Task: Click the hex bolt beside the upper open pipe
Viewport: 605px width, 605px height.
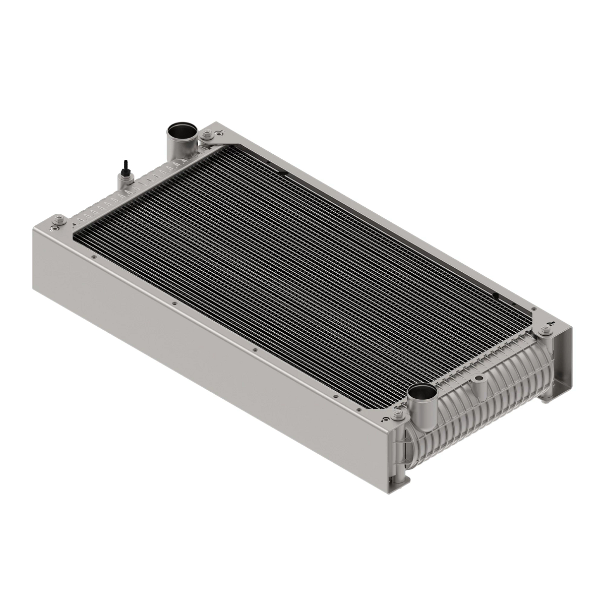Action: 206,135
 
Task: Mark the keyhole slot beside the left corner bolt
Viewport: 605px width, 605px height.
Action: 53,228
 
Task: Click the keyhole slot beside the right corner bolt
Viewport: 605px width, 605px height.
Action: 551,321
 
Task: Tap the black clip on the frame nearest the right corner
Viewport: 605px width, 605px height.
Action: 496,294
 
